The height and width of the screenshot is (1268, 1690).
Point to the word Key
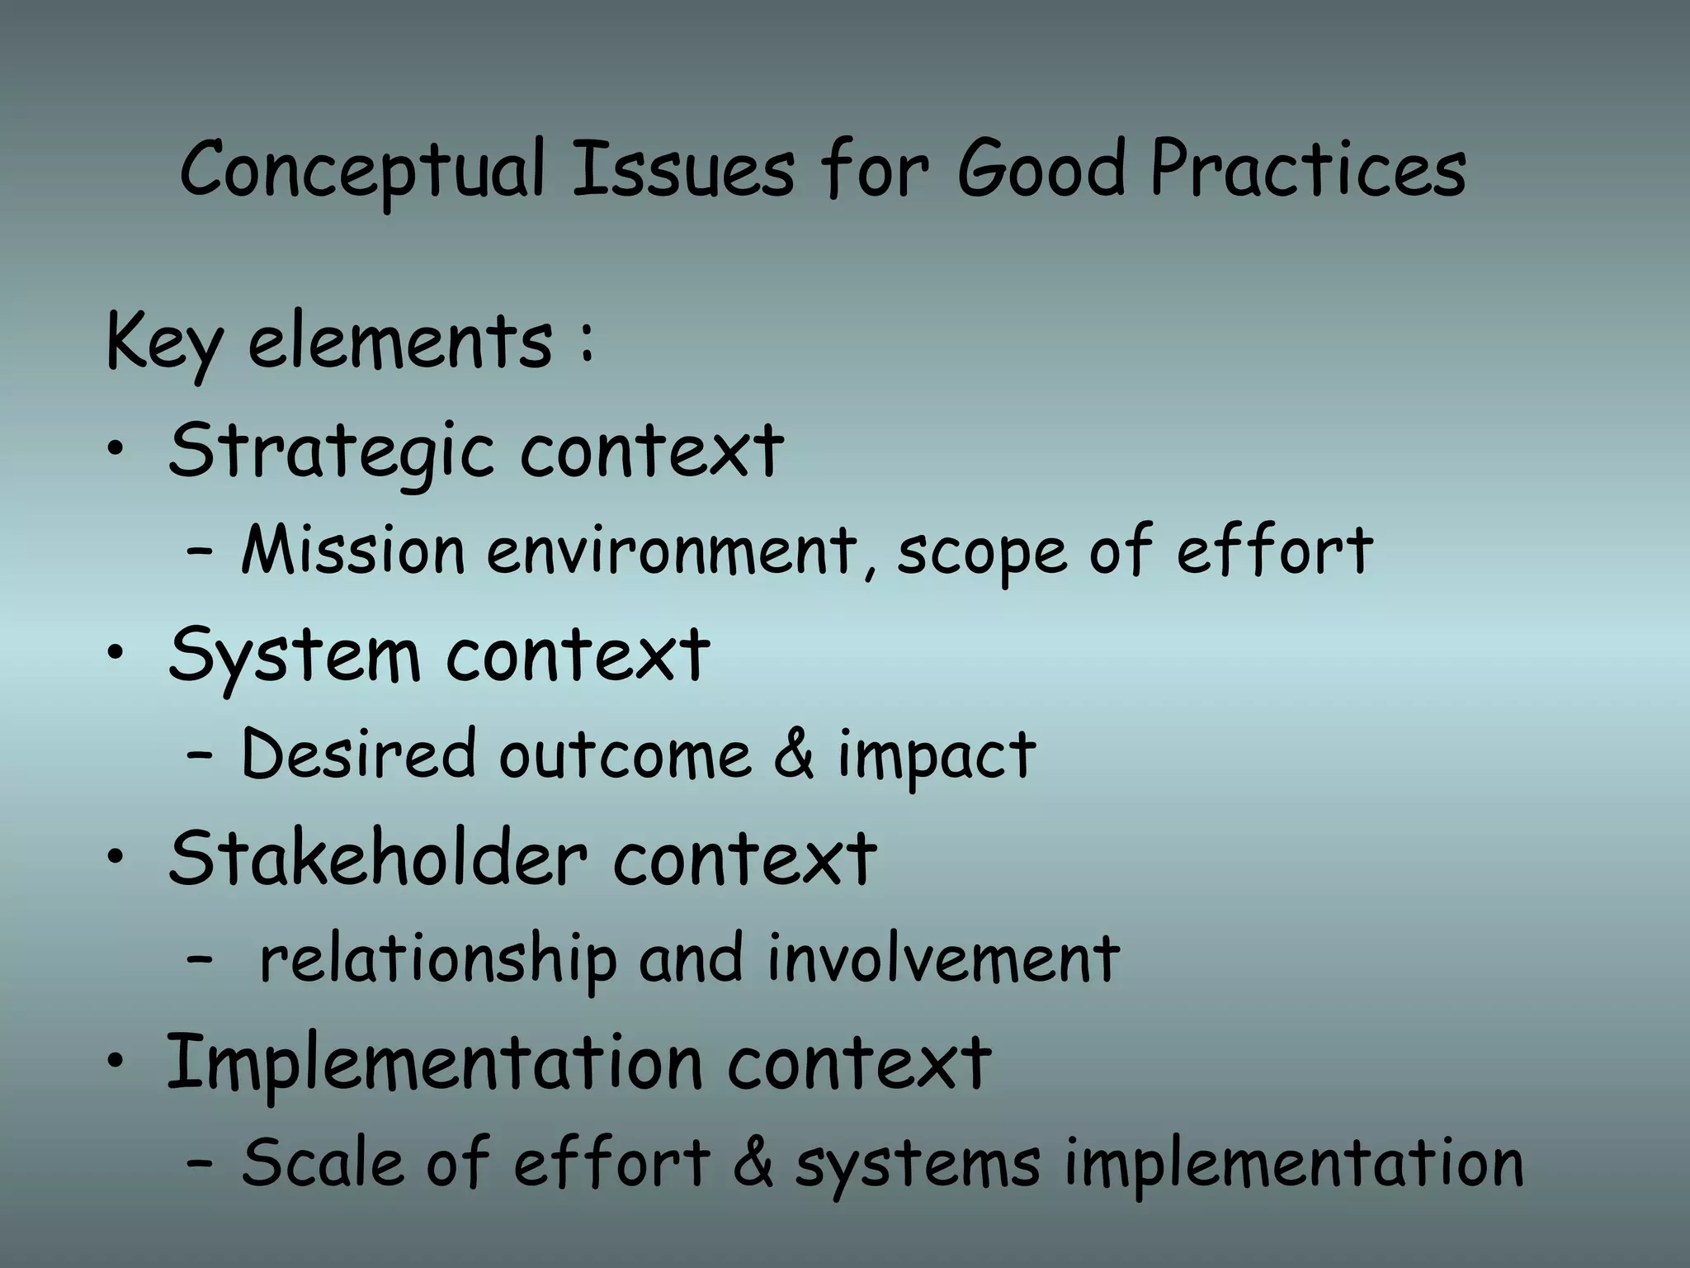[x=163, y=343]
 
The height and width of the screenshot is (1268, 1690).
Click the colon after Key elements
[x=586, y=343]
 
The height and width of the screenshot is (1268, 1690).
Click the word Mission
[x=353, y=551]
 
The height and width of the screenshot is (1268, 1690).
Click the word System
[x=295, y=656]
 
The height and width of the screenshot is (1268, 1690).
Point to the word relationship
[x=437, y=959]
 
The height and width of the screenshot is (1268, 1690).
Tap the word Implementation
[x=434, y=1064]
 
